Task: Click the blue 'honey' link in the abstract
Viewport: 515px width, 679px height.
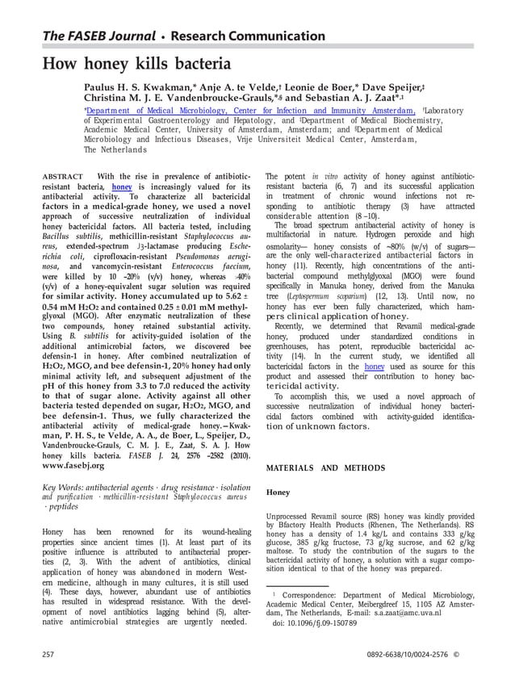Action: (122, 187)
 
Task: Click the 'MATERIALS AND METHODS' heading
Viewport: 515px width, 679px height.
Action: (325, 467)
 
